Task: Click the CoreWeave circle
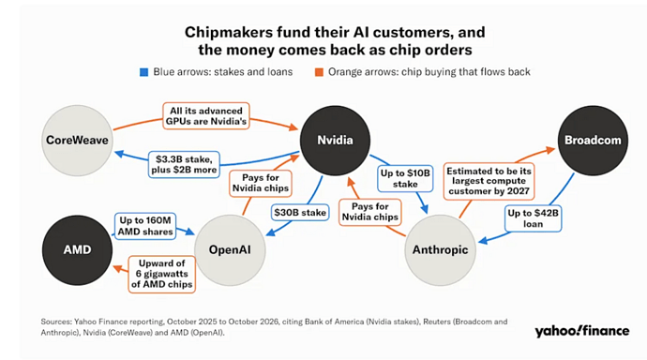[77, 141]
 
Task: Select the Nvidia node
[335, 141]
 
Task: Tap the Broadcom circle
[593, 141]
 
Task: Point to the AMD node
[77, 250]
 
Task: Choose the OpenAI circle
[230, 250]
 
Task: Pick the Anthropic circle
[441, 250]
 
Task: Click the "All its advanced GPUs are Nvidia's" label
[206, 116]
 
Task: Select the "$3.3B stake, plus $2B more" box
[184, 164]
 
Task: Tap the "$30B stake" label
[300, 213]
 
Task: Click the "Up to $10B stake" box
[405, 178]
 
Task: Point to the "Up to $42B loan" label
[534, 218]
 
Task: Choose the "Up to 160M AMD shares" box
[145, 226]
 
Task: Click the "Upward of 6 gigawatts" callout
[161, 275]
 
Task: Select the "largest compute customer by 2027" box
[489, 182]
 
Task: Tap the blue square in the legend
[144, 72]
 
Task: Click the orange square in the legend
[319, 72]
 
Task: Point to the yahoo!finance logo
[581, 331]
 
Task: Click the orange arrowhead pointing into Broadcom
[550, 150]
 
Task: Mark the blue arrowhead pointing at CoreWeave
[119, 155]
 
